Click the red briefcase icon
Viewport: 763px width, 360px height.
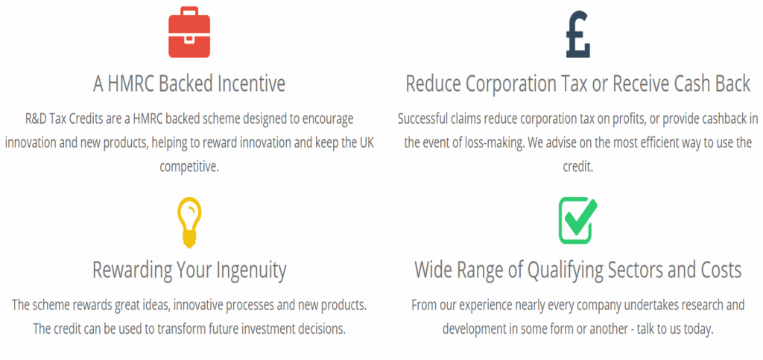(189, 31)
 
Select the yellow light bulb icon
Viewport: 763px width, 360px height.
(189, 222)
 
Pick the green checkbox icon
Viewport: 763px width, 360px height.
(577, 220)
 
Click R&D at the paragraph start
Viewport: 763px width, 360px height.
(35, 119)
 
